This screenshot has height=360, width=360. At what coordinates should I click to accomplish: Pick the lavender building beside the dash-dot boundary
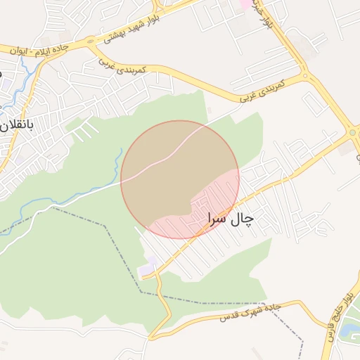point(146,270)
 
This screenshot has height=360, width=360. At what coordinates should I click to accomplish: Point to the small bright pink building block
point(245,4)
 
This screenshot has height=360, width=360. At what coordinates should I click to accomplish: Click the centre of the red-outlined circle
point(180,179)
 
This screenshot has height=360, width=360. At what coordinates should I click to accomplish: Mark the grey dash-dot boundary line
point(105,226)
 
